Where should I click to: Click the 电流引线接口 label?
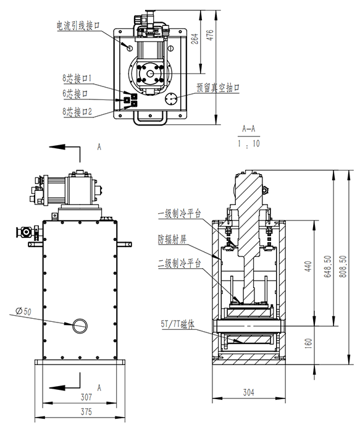pyautogui.click(x=78, y=25)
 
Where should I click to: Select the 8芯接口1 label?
pyautogui.click(x=77, y=78)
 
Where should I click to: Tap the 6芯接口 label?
pyautogui.click(x=75, y=94)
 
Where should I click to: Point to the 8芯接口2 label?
pyautogui.click(x=78, y=112)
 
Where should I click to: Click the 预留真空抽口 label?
pyautogui.click(x=218, y=88)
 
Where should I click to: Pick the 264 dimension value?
pyautogui.click(x=194, y=39)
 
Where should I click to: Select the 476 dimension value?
pyautogui.click(x=209, y=35)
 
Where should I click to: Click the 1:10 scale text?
pyautogui.click(x=249, y=144)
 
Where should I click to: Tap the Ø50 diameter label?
pyautogui.click(x=23, y=311)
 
